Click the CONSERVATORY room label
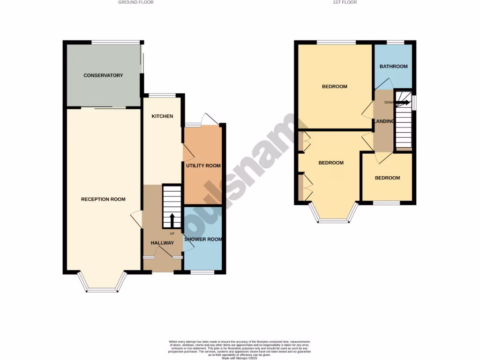[x=103, y=75]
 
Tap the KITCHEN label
[x=162, y=116]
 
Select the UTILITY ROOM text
[x=203, y=166]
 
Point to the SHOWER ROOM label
[x=203, y=240]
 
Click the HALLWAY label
[x=162, y=243]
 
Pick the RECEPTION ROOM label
[x=103, y=199]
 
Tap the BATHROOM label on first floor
[x=393, y=67]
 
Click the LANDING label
[x=383, y=121]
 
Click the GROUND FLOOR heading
[x=135, y=2]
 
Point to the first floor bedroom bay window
[x=333, y=216]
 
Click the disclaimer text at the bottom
[x=240, y=350]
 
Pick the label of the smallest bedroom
[x=387, y=178]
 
